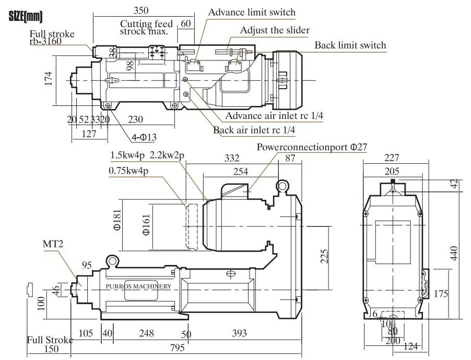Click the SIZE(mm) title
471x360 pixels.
point(26,17)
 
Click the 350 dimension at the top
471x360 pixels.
point(141,10)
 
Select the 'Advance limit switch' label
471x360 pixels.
point(252,13)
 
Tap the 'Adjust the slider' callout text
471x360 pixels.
point(275,30)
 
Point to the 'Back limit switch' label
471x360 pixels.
point(350,45)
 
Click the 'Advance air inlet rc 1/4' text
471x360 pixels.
point(274,116)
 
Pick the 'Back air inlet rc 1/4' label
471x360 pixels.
point(254,130)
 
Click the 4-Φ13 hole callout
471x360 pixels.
point(144,137)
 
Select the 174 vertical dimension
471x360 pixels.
point(49,79)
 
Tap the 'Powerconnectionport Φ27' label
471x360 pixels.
point(312,147)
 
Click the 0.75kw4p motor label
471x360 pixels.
point(128,171)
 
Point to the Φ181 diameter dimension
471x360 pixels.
point(117,220)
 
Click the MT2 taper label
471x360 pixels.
point(53,244)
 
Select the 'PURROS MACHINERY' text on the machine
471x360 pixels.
point(138,286)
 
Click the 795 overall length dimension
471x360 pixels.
point(177,347)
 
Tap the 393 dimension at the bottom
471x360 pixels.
point(239,333)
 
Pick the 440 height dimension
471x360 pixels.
point(454,253)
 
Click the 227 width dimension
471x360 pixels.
point(392,158)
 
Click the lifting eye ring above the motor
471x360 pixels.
point(282,186)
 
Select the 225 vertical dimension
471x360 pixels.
point(324,256)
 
